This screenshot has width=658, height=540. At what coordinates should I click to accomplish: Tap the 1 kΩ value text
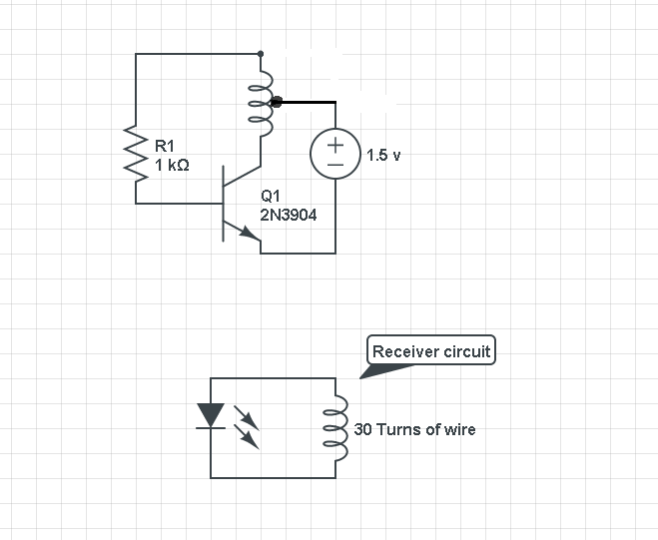click(x=172, y=165)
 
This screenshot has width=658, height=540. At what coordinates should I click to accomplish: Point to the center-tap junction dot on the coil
click(x=277, y=101)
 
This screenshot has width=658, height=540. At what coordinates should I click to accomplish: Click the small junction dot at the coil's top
click(x=261, y=53)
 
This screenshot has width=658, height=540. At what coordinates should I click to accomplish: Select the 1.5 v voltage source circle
click(x=335, y=155)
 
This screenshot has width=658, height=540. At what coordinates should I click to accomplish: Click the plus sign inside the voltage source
click(x=335, y=146)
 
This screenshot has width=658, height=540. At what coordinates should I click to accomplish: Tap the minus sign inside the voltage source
click(x=335, y=165)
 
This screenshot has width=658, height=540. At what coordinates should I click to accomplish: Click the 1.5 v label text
click(x=383, y=156)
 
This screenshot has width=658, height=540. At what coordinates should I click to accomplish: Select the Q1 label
click(x=270, y=197)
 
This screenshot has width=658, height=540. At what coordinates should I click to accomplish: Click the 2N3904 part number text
click(x=289, y=215)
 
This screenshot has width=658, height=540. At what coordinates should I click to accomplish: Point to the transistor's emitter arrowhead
click(x=250, y=235)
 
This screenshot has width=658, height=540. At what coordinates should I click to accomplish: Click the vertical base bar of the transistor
click(x=223, y=205)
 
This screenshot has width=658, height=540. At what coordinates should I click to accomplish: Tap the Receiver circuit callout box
click(x=431, y=351)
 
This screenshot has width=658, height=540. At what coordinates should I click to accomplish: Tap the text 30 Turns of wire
click(x=414, y=429)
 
